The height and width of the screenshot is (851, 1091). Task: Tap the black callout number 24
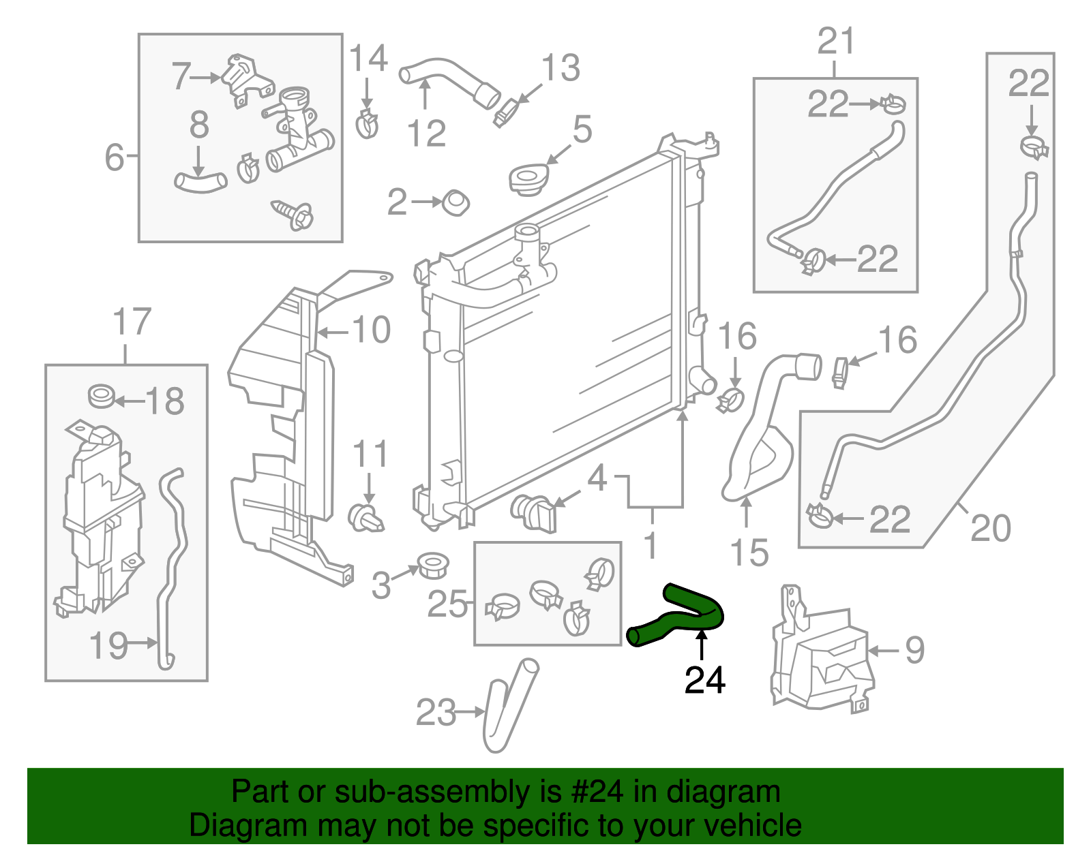coord(705,679)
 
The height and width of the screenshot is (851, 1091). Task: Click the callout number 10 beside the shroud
coord(372,330)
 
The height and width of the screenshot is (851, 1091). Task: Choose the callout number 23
coord(436,713)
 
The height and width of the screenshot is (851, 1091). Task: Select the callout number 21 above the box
coord(836,42)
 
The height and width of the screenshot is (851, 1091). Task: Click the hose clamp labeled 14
coord(368,123)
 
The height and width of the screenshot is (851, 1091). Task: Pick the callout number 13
coord(561,68)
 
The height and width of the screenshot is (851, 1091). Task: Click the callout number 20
coord(990,528)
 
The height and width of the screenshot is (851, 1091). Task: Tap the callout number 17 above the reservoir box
coord(131,322)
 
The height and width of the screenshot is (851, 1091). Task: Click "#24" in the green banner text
coord(593,792)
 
